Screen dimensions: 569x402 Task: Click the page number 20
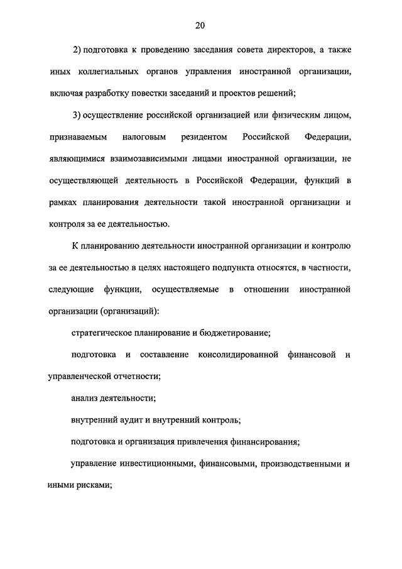200,25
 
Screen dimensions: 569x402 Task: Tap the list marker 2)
78,50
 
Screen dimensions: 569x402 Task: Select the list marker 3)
78,115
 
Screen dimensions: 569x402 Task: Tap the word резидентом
199,136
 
